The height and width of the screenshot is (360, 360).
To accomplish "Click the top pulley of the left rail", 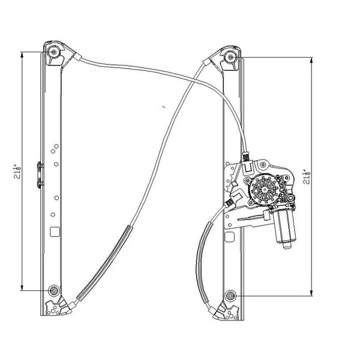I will tap(55, 52).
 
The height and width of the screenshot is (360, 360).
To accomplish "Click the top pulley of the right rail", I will tap(232, 57).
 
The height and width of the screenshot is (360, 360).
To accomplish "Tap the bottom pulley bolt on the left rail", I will tap(55, 290).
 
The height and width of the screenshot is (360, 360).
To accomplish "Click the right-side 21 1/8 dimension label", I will tap(308, 175).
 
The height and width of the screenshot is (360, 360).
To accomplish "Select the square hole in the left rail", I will tap(54, 229).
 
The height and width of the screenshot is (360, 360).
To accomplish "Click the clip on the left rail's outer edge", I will tap(39, 172).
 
